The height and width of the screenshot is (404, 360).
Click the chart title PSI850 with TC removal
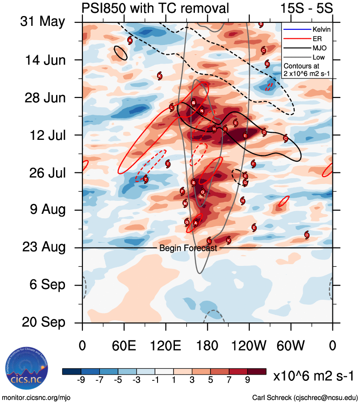(x=156, y=8)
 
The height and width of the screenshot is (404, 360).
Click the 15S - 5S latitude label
(x=307, y=8)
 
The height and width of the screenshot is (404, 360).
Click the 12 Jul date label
(x=44, y=135)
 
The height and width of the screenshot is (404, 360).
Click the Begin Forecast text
(x=188, y=249)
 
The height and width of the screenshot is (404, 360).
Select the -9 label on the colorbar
(x=81, y=380)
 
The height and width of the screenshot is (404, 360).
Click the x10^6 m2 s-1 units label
(x=314, y=376)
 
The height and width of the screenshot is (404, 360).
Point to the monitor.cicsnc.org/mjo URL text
(x=36, y=397)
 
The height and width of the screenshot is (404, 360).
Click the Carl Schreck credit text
(x=305, y=397)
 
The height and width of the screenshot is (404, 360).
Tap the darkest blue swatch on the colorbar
(x=72, y=371)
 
